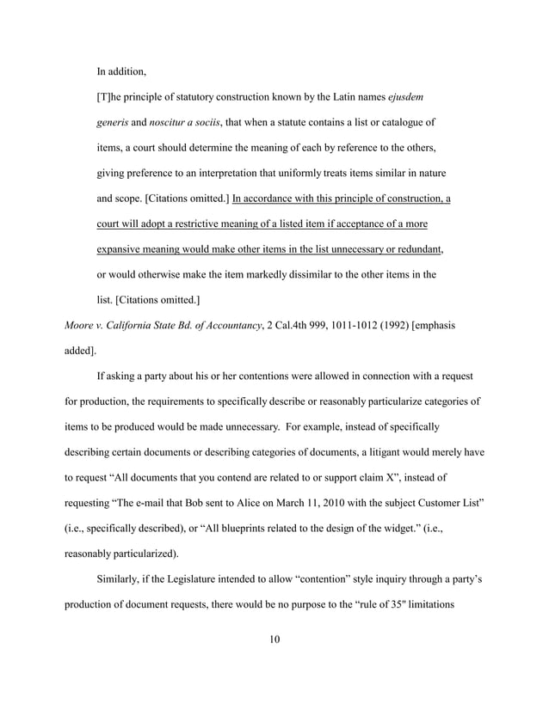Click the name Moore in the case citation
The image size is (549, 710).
pyautogui.click(x=81, y=325)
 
